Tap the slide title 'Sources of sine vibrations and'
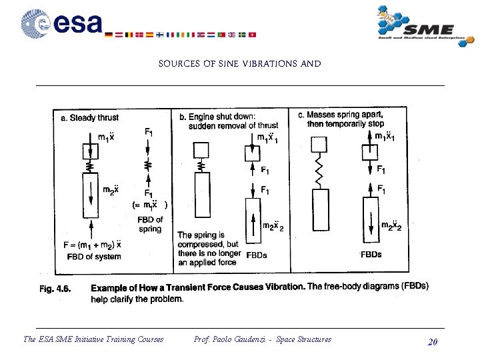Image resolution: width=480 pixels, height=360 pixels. [239, 65]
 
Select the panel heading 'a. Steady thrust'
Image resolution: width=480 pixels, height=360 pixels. [89, 118]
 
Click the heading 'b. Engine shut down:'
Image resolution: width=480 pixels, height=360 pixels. [217, 117]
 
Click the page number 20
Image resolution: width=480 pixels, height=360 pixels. [432, 342]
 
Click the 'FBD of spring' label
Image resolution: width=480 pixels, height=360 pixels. [150, 224]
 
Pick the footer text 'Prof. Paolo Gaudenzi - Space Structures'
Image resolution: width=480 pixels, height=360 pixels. [262, 340]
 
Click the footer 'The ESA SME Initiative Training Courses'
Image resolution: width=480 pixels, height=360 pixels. [93, 340]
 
